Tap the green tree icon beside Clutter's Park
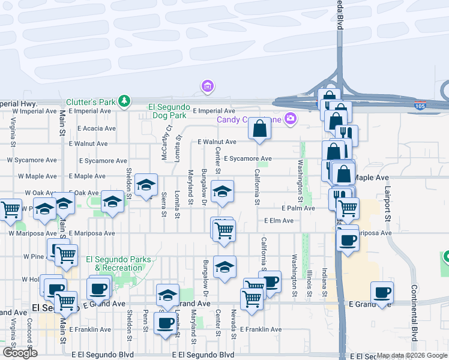click(x=124, y=100)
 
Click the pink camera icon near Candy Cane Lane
click(x=290, y=118)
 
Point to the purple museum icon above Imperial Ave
click(x=208, y=87)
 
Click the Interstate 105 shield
click(x=420, y=106)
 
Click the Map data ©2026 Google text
click(x=411, y=356)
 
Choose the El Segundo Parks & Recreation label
click(x=118, y=263)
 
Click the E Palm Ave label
click(x=298, y=208)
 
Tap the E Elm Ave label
click(x=279, y=221)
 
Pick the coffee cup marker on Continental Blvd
click(x=382, y=294)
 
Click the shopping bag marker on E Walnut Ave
click(x=259, y=129)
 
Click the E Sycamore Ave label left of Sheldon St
click(x=98, y=161)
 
